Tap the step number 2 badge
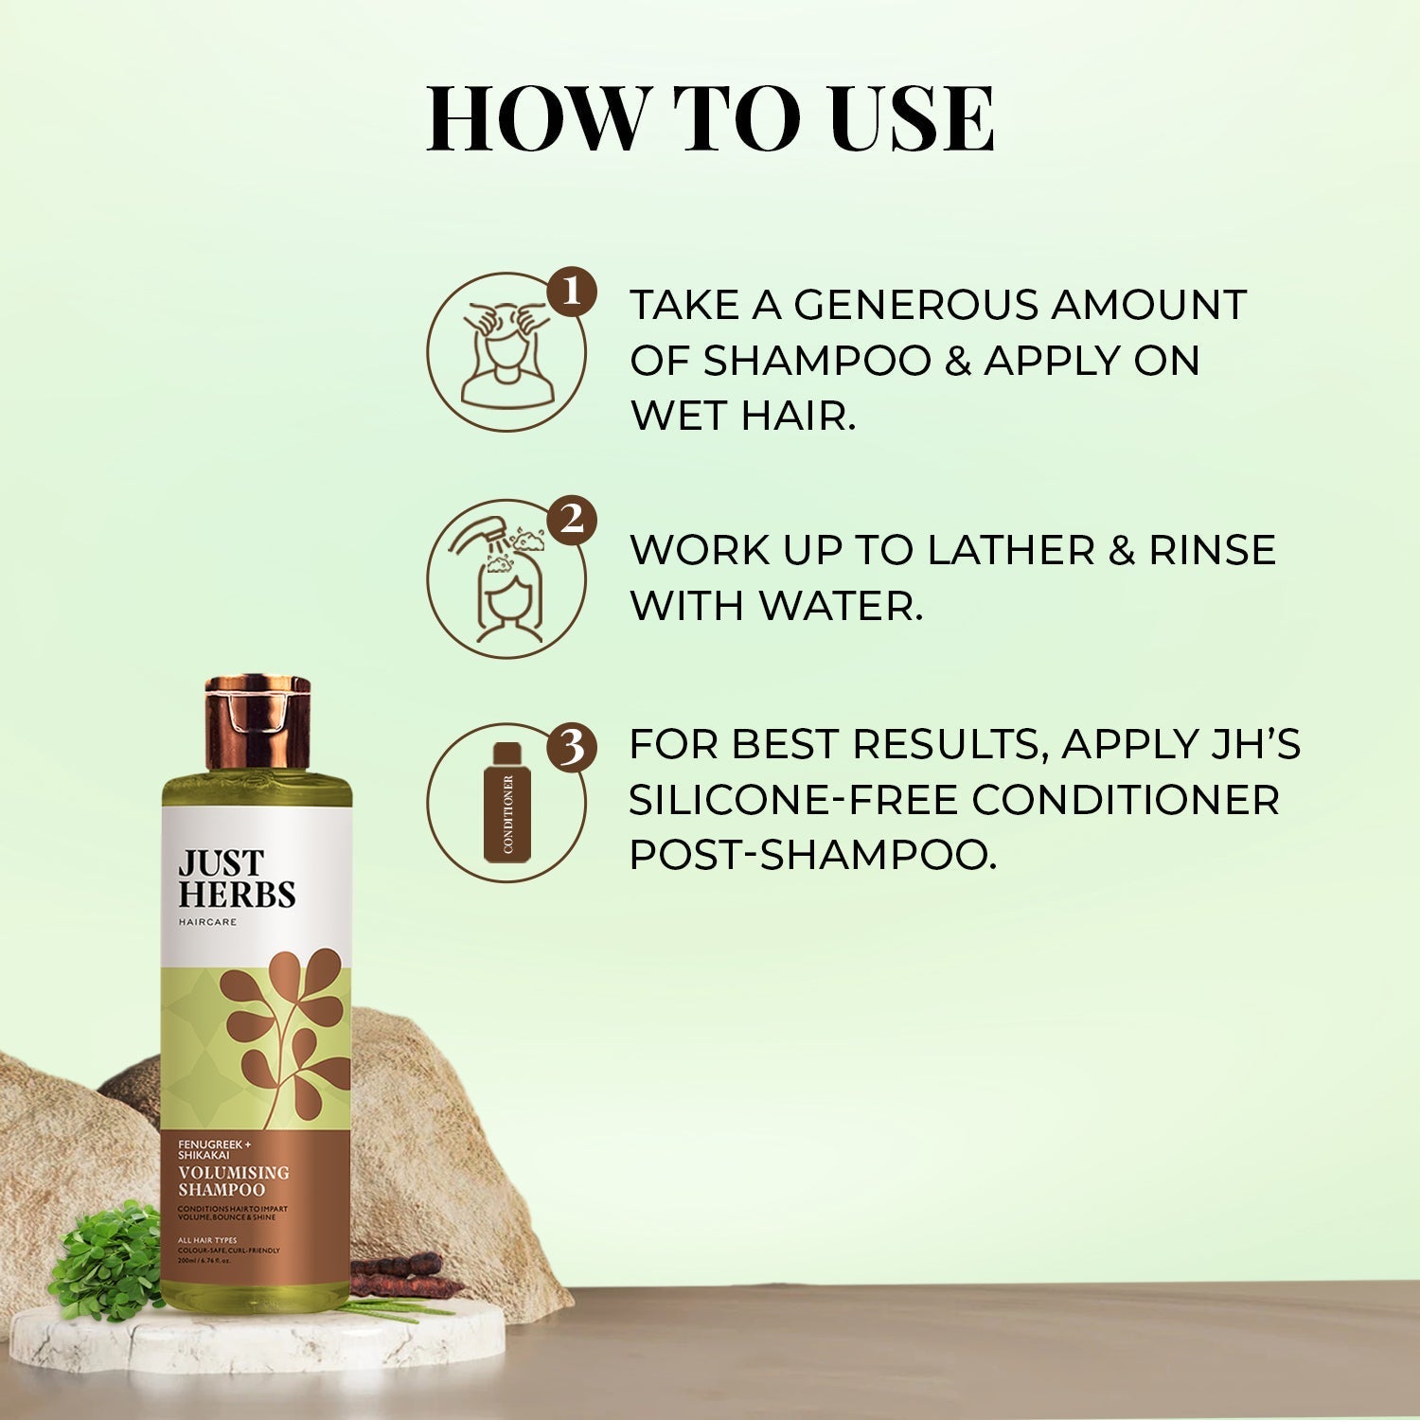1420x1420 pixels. coord(571,521)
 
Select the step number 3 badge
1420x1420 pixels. coord(571,749)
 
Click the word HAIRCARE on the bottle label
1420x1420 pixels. coord(207,921)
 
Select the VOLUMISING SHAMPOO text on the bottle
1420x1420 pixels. coord(234,1180)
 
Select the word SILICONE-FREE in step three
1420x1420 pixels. coord(792,800)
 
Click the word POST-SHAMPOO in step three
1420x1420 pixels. coord(813,855)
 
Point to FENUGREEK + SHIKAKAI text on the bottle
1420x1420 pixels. coord(211,1150)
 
